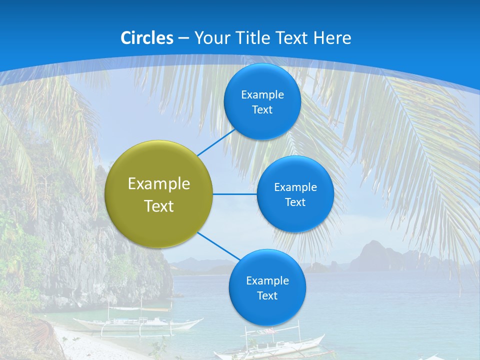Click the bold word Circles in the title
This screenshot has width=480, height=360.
pos(147,38)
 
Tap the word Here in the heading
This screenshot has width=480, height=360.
pos(332,38)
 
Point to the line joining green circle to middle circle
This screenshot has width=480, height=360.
pos(235,194)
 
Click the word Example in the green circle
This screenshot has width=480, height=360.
pos(159,184)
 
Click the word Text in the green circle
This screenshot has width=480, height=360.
pos(159,206)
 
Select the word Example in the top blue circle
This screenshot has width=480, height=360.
pos(262,95)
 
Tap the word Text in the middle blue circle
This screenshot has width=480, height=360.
pos(295,202)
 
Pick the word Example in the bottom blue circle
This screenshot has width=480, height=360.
pos(267,281)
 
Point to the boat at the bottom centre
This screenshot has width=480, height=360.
pos(270,345)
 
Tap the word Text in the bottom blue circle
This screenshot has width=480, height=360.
pos(267,296)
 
